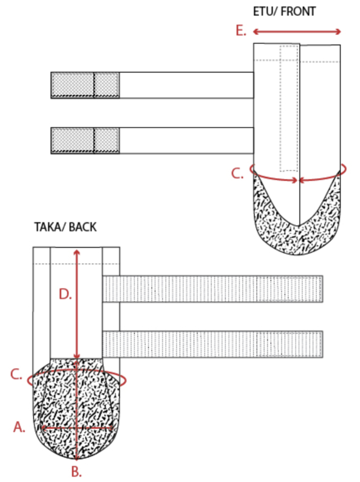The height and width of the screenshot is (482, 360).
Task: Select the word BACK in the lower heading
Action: (83, 227)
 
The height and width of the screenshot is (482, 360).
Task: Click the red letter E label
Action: (241, 31)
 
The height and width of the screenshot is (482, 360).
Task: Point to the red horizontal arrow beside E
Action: (297, 32)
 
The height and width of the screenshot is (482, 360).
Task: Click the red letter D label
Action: (65, 294)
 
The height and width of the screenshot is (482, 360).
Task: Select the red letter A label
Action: (19, 427)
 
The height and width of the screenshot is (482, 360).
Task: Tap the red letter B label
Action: (76, 472)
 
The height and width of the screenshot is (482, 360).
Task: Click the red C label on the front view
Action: (237, 174)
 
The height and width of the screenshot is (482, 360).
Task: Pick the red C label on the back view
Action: (16, 375)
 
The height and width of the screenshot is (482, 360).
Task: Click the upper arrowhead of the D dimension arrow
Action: (76, 253)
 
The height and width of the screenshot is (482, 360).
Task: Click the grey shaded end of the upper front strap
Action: (85, 85)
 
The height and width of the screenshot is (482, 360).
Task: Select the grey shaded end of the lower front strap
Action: (85, 141)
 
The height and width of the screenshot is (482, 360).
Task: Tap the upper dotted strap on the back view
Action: (213, 289)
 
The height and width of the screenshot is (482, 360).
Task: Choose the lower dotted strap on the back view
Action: (213, 344)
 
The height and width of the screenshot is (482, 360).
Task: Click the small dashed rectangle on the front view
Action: (289, 108)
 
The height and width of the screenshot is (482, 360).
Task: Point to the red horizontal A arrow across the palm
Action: (77, 428)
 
